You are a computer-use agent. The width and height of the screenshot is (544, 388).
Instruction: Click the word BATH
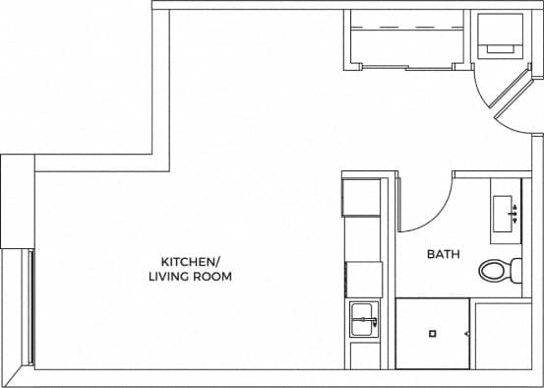click(x=443, y=254)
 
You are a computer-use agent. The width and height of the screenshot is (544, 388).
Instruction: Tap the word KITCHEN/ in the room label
click(x=191, y=262)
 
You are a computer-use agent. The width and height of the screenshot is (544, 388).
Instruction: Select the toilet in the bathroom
click(x=497, y=269)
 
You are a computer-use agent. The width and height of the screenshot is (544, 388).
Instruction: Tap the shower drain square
click(x=431, y=333)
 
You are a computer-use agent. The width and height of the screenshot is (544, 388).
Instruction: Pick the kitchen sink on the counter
click(x=361, y=320)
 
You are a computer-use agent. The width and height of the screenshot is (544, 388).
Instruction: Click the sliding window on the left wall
click(x=31, y=307)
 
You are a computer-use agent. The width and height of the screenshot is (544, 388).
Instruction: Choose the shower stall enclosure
click(x=433, y=333)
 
